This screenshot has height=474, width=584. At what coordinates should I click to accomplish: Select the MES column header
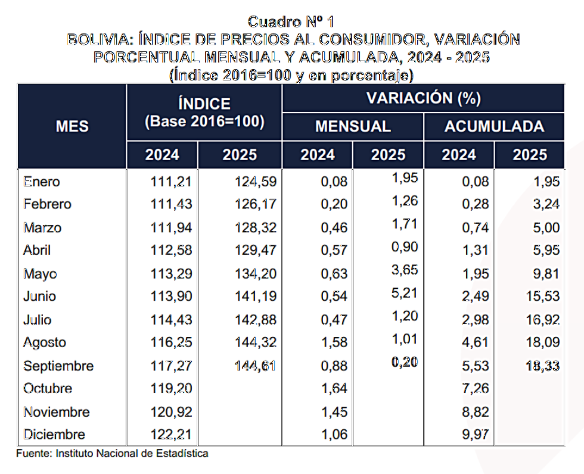pos(72,126)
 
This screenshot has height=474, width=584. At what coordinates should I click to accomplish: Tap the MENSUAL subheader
pos(353,127)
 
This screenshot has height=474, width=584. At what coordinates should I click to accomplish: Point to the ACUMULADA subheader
pos(494,127)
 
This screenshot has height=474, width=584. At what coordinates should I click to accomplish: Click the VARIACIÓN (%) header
pos(423,98)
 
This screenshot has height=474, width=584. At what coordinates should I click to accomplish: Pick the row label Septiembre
pos(58,366)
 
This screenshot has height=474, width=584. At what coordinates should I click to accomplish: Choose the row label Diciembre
pos(54,435)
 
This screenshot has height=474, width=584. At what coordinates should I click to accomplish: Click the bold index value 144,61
pos(254,366)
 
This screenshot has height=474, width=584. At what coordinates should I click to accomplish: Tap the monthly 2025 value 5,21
pos(405,292)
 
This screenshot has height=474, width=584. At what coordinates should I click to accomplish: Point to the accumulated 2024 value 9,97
pos(475,435)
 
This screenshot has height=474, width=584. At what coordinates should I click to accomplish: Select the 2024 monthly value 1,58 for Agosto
pos(334,343)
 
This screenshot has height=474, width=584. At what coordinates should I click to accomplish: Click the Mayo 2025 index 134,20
pos(255,274)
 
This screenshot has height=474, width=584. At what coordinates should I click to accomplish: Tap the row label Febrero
pos(47,204)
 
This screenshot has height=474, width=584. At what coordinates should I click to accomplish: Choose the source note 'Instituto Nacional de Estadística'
pos(132,454)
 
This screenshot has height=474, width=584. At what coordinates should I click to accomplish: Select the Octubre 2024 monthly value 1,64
pos(334,389)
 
